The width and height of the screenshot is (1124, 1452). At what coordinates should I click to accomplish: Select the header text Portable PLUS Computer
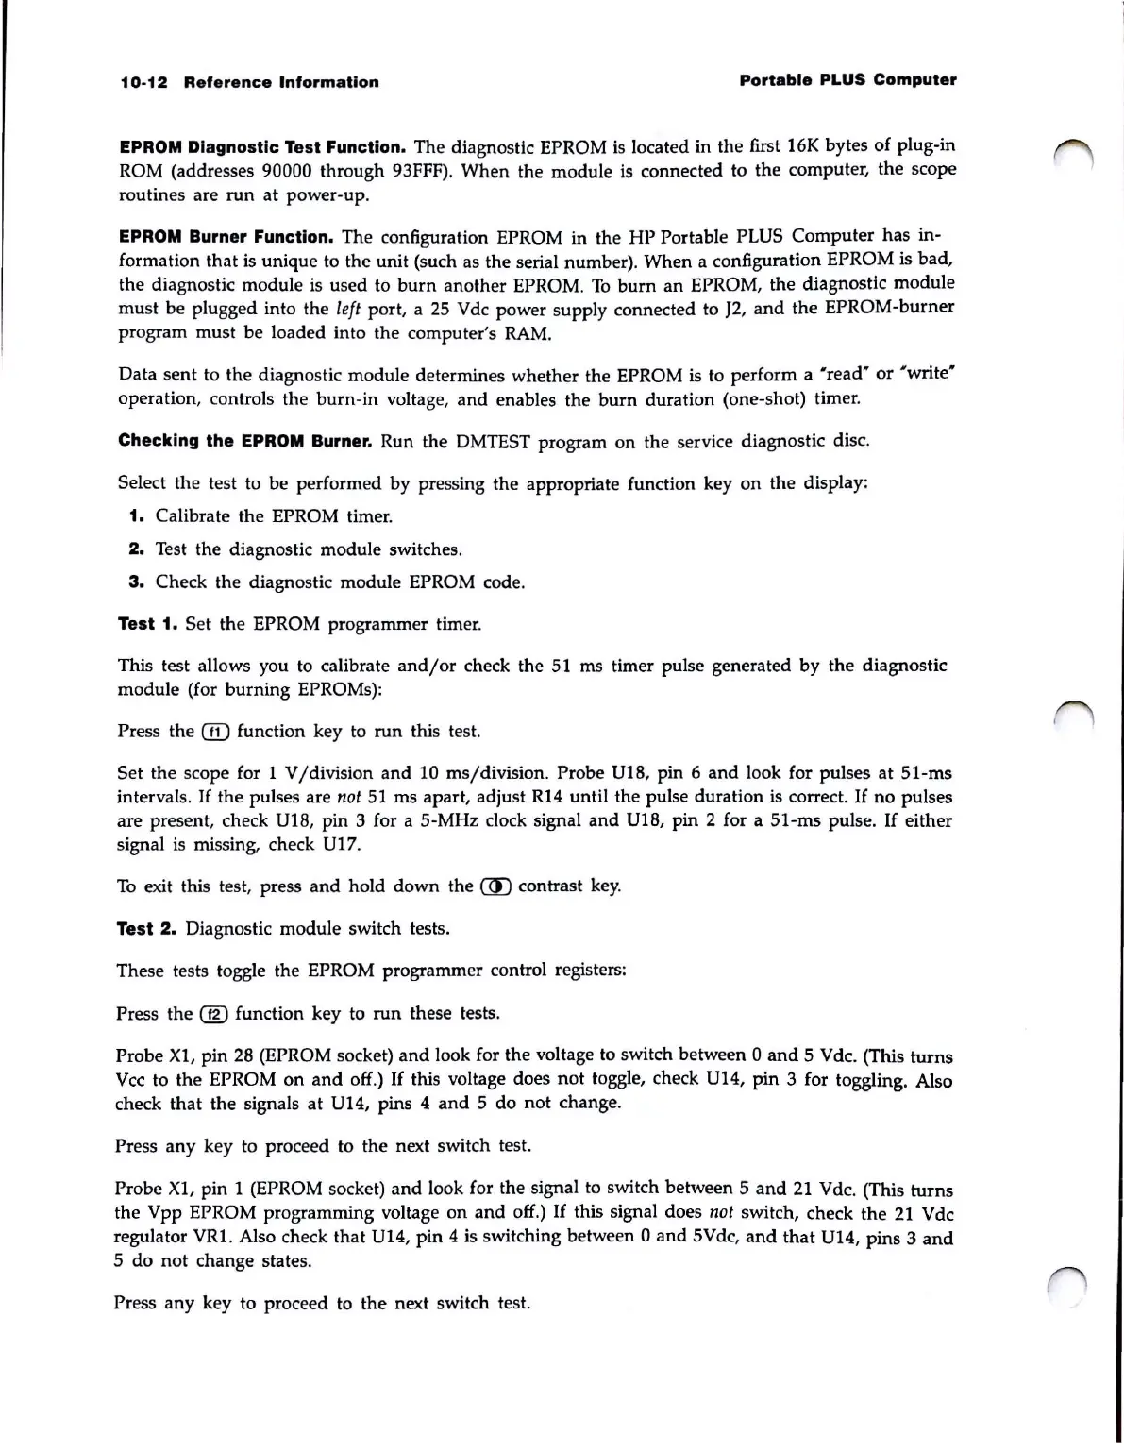pyautogui.click(x=847, y=80)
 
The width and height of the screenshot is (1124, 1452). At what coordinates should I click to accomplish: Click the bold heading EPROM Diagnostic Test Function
pyautogui.click(x=262, y=147)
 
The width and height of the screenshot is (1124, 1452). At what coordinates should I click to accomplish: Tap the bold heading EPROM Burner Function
pyautogui.click(x=226, y=237)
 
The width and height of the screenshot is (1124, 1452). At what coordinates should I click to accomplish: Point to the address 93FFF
pyautogui.click(x=416, y=172)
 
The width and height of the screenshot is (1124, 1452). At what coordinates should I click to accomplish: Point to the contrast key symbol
pyautogui.click(x=495, y=886)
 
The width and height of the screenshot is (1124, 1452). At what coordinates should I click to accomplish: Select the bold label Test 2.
pyautogui.click(x=146, y=929)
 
